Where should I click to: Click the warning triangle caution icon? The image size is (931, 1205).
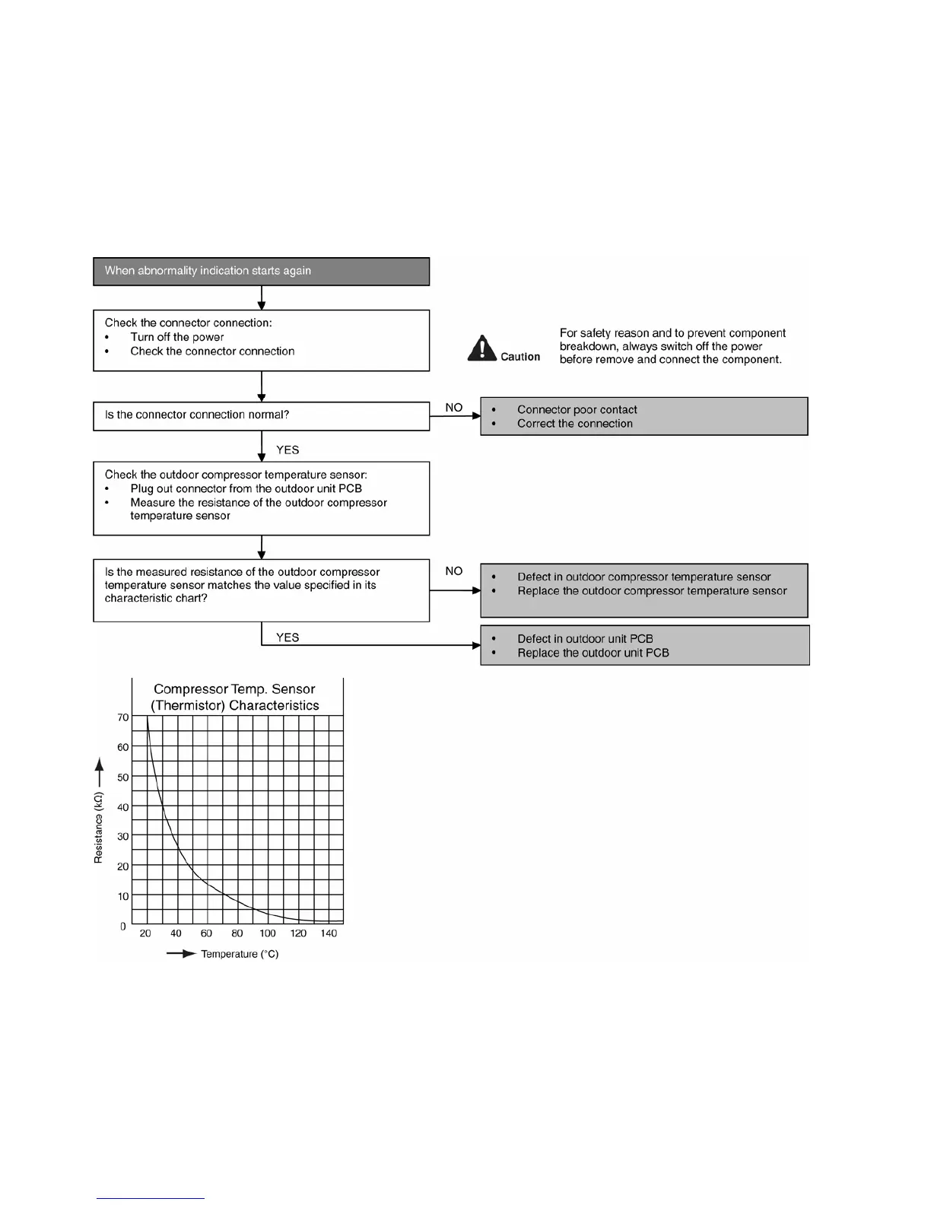tap(481, 349)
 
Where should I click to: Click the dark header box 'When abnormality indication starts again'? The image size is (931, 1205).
tap(261, 272)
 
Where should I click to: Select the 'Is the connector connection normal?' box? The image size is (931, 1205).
tap(261, 415)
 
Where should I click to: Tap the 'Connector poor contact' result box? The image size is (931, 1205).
tap(643, 416)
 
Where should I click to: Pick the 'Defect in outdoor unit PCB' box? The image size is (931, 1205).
tap(644, 645)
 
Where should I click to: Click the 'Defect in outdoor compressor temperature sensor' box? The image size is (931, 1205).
tap(643, 590)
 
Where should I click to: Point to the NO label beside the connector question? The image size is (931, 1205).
tap(454, 408)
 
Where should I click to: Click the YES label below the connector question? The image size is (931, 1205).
tap(288, 450)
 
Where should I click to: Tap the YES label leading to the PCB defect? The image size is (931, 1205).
tap(288, 637)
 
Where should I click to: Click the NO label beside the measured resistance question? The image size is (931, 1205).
tap(454, 571)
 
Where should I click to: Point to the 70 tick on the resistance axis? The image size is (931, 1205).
tap(123, 717)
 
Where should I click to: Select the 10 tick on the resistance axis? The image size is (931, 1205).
tap(123, 896)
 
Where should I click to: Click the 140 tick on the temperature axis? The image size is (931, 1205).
tap(329, 933)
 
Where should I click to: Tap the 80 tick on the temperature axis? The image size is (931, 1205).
tap(237, 933)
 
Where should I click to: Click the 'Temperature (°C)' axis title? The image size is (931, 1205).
tap(240, 954)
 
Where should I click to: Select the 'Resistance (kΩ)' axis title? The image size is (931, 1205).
tap(98, 828)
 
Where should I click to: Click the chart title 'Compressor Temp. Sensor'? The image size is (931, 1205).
tap(234, 689)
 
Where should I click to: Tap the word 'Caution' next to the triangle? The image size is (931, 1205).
tap(520, 357)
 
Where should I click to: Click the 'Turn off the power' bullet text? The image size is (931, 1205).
tap(177, 337)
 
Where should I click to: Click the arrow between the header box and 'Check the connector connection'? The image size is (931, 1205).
tap(262, 297)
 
